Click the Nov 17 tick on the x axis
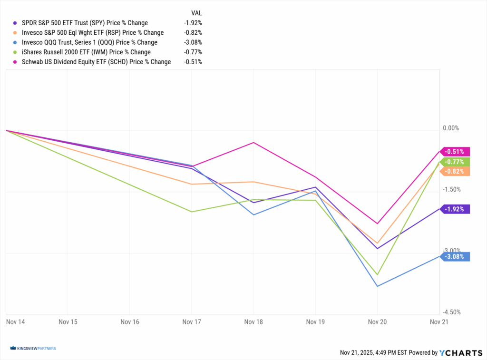191,322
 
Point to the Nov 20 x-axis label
377,322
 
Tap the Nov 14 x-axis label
15,322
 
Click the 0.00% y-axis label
451,128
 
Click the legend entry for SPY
85,23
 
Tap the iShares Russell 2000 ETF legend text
86,52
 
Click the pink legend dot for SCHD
16,62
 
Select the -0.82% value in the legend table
193,33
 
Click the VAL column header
196,13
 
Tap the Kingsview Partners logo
33,349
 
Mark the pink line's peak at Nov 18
253,142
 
